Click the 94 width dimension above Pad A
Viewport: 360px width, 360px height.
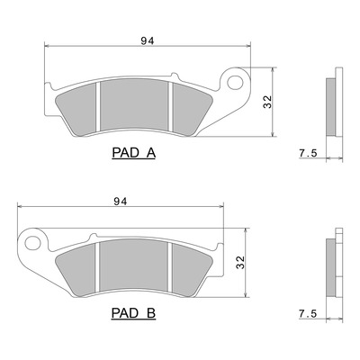[148, 40]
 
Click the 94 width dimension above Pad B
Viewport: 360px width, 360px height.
[121, 202]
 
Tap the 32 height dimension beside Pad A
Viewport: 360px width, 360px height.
[267, 102]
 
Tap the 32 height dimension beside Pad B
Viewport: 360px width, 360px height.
[240, 263]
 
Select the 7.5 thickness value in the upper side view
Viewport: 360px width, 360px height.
[308, 153]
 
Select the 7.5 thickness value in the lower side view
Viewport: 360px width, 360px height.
[308, 314]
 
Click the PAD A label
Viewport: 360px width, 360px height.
[134, 153]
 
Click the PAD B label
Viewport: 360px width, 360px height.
[133, 313]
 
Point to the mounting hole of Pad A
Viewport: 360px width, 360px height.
[235, 82]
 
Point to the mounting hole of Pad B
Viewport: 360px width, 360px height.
[32, 243]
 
